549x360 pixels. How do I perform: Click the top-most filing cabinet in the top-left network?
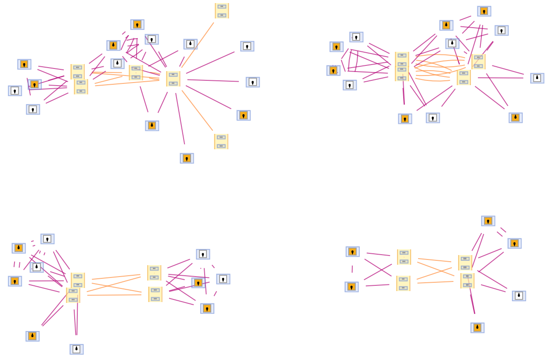coord(222,11)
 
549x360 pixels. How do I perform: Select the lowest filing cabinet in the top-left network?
coord(221,141)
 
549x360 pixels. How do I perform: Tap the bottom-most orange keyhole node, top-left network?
coord(187,158)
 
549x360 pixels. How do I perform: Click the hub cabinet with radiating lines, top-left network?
coord(173,79)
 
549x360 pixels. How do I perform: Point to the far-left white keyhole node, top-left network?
coord(15,91)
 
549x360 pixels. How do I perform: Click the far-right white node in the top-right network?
coord(537,78)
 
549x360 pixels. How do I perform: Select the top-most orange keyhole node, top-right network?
coord(484,11)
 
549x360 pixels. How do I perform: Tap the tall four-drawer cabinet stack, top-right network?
coord(402,66)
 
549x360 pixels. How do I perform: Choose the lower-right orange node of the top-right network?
coord(516,118)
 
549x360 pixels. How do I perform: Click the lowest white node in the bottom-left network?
coord(76,349)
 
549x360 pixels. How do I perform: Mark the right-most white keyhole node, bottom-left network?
coord(223,279)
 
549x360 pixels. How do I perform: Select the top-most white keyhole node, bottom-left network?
coord(47,239)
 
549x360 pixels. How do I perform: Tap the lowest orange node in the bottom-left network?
coord(33,336)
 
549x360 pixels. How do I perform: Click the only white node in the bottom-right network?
coord(519,296)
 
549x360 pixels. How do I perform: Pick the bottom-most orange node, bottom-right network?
coord(477,328)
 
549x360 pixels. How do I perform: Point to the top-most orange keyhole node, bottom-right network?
coord(488,221)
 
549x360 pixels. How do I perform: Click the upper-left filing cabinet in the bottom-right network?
coord(404,257)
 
